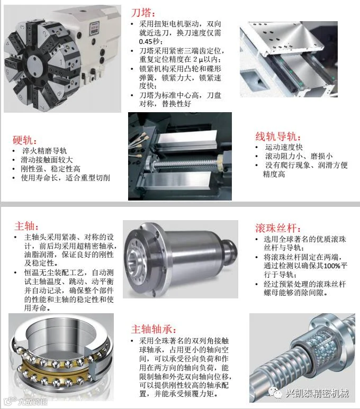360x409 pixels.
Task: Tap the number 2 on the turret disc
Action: point(45,33)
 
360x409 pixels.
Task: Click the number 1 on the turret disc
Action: point(60,62)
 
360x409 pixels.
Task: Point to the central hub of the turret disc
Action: point(35,63)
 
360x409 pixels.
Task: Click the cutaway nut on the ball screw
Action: point(319,344)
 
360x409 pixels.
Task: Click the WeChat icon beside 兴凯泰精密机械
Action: point(275,392)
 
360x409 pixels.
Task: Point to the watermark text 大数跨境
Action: point(32,402)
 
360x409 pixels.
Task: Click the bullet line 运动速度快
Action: point(284,148)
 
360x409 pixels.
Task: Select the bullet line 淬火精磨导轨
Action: point(44,151)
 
